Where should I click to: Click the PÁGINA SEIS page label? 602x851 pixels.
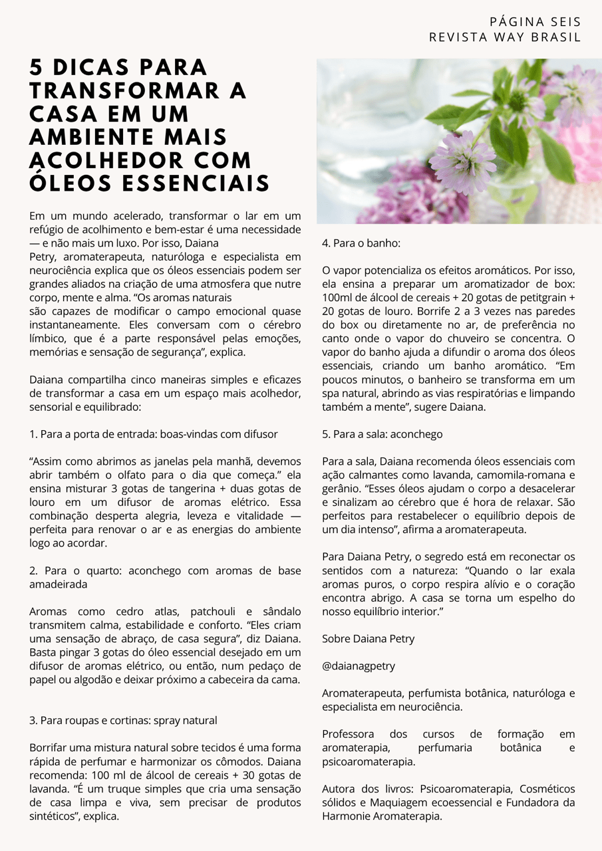click(535, 22)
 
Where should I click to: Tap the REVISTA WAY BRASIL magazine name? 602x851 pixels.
click(505, 37)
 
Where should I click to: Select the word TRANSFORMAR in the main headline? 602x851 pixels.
click(138, 91)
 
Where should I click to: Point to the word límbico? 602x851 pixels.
click(46, 338)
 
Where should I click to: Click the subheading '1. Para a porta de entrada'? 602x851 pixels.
click(153, 434)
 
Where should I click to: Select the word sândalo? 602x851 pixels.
click(278, 612)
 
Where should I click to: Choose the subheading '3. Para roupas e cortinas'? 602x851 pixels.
click(123, 720)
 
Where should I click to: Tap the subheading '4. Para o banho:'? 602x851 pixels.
click(361, 243)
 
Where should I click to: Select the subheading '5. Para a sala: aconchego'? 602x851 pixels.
click(382, 434)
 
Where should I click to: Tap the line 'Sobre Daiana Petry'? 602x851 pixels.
click(368, 638)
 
